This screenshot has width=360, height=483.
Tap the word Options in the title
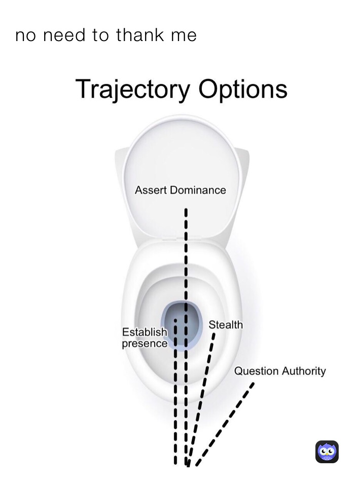(243, 90)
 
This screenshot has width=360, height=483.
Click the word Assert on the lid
(151, 191)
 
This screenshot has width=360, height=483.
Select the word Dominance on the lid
(197, 191)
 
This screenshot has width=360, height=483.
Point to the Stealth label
(226, 325)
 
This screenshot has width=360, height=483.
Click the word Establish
(145, 332)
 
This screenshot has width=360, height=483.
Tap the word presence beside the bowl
(145, 344)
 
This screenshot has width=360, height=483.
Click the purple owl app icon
(327, 452)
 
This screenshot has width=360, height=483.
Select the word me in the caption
(185, 35)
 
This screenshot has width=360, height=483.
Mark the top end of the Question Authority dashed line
(253, 384)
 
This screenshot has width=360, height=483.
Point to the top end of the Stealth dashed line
(214, 335)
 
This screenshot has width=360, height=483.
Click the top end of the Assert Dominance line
(186, 209)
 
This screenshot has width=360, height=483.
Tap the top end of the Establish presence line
(175, 321)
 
